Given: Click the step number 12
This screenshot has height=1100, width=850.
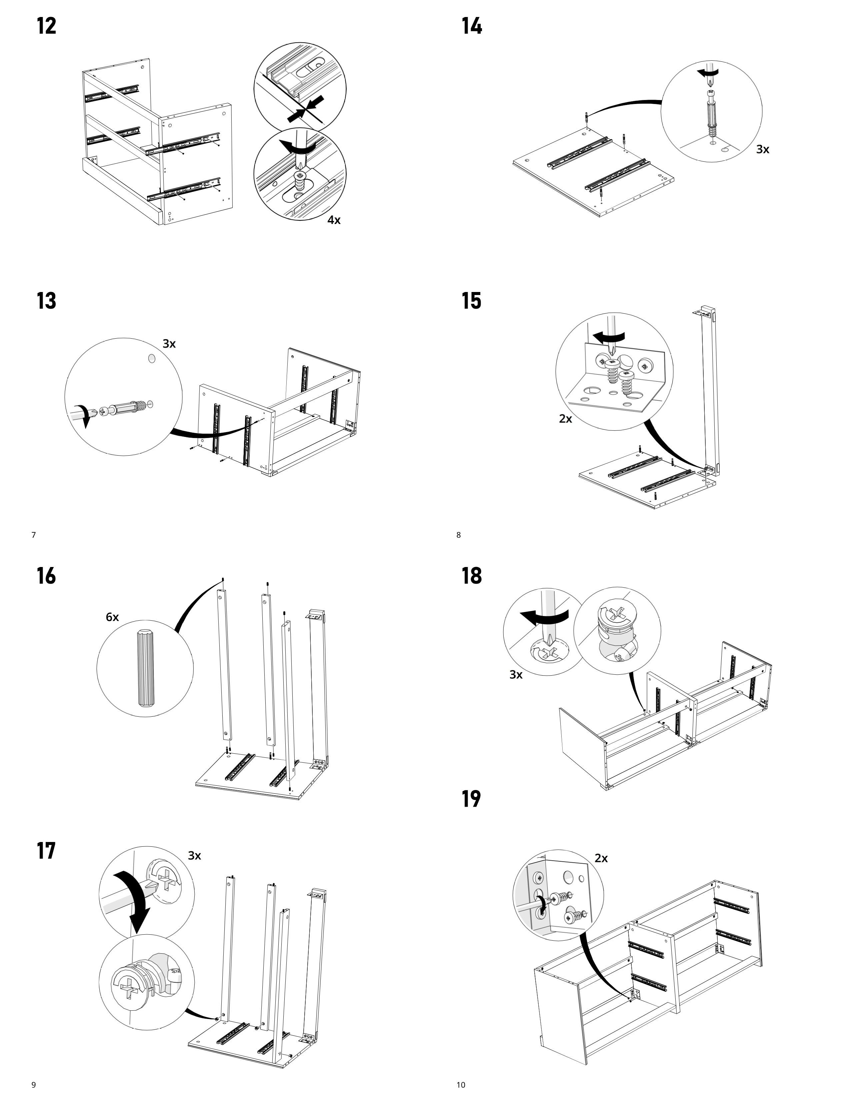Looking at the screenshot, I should (46, 26).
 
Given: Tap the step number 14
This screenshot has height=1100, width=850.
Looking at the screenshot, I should (472, 26).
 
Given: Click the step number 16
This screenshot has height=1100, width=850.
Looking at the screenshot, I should (46, 576).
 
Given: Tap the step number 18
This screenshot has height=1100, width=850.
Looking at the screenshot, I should (472, 576).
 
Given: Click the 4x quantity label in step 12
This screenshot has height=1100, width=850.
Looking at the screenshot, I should (334, 220).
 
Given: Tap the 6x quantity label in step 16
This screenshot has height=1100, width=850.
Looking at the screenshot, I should (112, 617).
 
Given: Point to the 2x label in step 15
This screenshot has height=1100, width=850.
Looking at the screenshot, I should (565, 419).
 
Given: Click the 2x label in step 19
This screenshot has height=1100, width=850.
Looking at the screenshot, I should (601, 858).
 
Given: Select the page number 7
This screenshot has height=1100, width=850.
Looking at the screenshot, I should (34, 535).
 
